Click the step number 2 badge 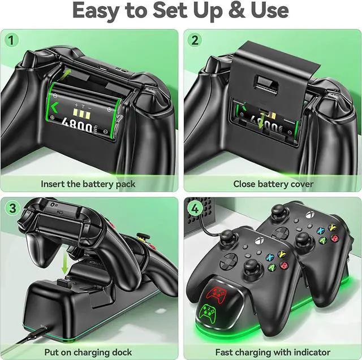(195, 40)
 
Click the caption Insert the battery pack (88, 184)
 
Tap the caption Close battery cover (273, 184)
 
